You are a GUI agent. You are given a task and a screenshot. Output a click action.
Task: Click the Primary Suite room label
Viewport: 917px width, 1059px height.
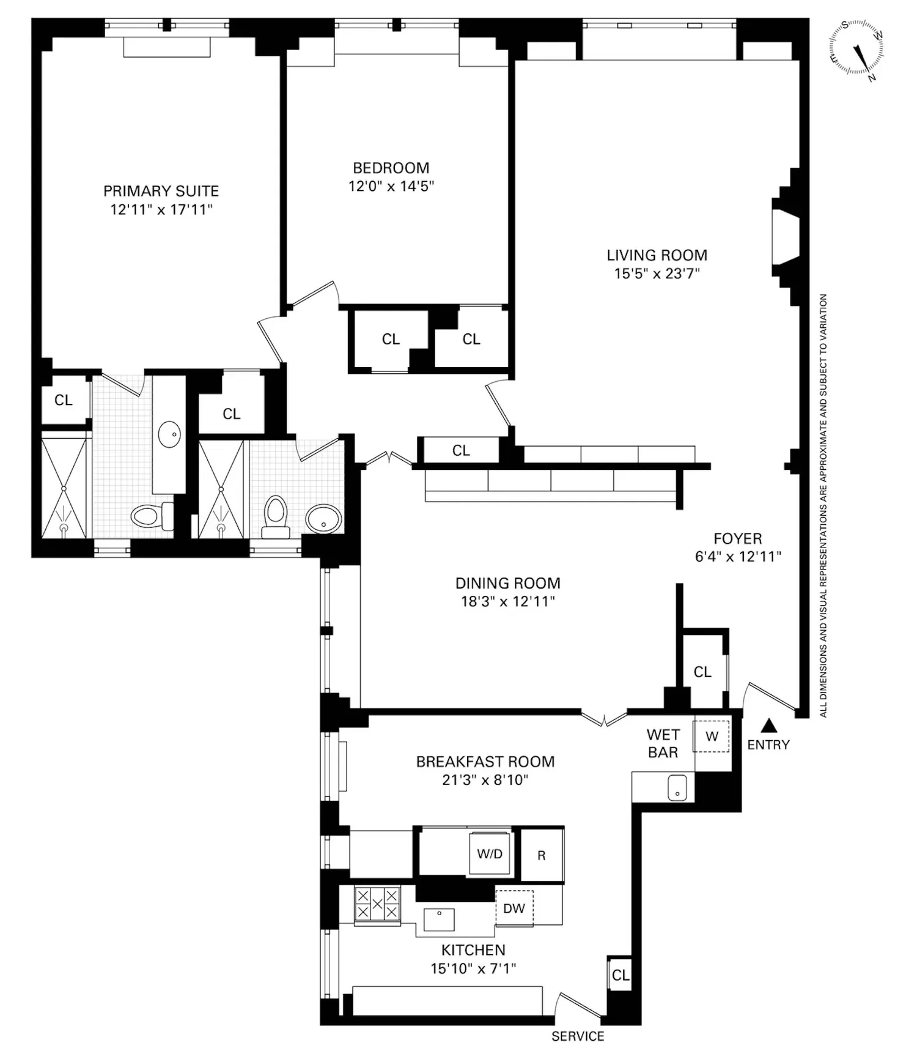click(x=161, y=191)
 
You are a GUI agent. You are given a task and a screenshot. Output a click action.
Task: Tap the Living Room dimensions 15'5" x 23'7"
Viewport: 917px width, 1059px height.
click(x=657, y=273)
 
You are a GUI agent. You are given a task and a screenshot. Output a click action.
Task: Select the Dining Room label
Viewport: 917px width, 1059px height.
click(x=508, y=583)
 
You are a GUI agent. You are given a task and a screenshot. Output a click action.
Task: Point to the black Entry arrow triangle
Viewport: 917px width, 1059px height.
click(x=770, y=726)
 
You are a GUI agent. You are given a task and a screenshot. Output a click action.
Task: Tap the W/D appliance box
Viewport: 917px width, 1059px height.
click(x=490, y=853)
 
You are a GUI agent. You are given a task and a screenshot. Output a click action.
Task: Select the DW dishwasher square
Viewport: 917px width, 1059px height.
click(x=514, y=908)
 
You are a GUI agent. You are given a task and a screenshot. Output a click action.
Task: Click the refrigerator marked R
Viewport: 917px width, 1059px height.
click(x=542, y=855)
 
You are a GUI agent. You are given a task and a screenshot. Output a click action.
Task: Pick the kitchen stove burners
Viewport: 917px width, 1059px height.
click(x=377, y=904)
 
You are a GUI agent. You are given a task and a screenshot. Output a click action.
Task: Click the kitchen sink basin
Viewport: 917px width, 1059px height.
click(x=439, y=920)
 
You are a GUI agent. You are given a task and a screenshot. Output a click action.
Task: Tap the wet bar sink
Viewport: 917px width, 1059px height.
click(x=677, y=787)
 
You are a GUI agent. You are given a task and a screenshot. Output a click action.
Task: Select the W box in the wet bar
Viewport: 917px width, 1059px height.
click(x=711, y=737)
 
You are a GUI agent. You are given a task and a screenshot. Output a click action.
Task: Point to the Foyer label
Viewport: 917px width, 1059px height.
click(x=738, y=539)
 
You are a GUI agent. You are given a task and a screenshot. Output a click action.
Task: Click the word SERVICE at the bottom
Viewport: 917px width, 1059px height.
click(x=578, y=1036)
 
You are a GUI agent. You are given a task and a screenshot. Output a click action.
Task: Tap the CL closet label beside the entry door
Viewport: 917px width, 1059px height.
click(x=702, y=672)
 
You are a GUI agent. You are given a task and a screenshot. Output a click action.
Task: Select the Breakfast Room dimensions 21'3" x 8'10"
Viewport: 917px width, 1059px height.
click(x=485, y=780)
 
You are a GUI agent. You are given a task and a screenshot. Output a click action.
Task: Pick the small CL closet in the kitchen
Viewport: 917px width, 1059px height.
click(x=621, y=975)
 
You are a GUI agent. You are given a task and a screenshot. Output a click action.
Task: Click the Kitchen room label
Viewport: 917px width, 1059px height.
click(x=473, y=950)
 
